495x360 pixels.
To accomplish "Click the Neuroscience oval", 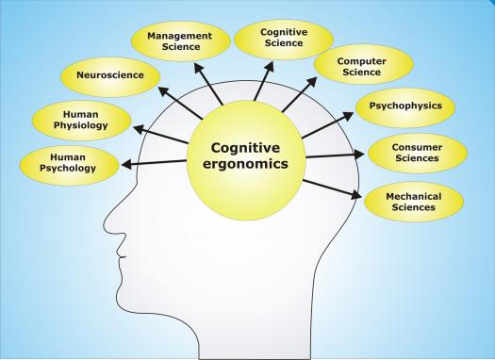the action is coord(110,77).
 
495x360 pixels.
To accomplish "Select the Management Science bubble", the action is coord(181,41).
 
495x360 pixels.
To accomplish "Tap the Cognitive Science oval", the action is coord(284,40).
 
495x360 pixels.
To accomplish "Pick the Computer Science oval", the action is coord(363,64).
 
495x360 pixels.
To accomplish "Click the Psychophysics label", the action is coord(405,106).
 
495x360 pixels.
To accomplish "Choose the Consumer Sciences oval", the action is coord(418,153).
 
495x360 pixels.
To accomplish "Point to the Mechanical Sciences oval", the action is coord(414,202).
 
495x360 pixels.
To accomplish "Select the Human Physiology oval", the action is coord(81,121).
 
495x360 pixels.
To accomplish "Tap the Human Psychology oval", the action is coord(69,165).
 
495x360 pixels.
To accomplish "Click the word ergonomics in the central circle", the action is coord(245,164).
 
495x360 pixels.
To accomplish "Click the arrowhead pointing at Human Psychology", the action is coord(127,164).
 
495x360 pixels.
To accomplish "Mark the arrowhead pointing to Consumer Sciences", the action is coord(359,155).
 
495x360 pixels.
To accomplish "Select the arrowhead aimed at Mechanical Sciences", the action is coord(356,194).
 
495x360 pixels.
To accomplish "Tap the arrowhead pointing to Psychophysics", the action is coord(348,117).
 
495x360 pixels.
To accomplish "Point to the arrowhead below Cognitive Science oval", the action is coord(269,67).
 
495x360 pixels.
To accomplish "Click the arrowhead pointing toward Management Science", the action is coord(199,69).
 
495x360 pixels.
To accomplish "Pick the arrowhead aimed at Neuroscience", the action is coord(163,91).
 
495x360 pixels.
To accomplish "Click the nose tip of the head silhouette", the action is coord(104,224).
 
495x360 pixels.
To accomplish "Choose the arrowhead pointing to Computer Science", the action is coord(311,82).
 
